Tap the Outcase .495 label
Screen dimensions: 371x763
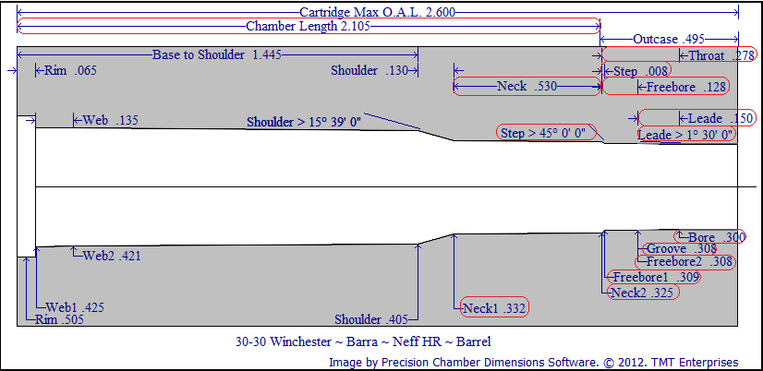click(669, 40)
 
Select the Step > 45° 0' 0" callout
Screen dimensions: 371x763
click(544, 133)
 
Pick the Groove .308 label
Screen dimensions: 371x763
click(682, 249)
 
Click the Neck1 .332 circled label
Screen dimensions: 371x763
click(494, 307)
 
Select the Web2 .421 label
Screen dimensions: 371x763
click(112, 255)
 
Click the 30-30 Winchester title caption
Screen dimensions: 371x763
click(363, 341)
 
